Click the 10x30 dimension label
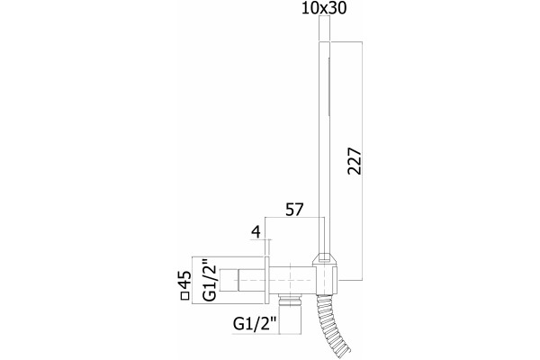pos(324,8)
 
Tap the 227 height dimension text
pos(355,161)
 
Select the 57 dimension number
pos(293,210)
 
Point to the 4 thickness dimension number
pos(256,232)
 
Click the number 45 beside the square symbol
pos(185,280)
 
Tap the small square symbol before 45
pos(185,296)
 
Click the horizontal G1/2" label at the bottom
pos(256,323)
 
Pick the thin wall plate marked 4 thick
pos(266,280)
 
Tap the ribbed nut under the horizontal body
pos(291,300)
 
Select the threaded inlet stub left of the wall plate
pos(229,280)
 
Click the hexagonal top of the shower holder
pos(326,260)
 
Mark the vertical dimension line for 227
pos(362,160)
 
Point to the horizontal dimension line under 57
pos(294,218)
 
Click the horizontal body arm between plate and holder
pos(291,281)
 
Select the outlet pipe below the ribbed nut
pos(291,319)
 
